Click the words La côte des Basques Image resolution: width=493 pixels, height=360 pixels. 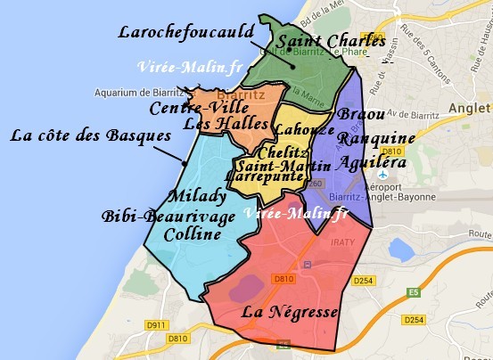pyautogui.click(x=90, y=137)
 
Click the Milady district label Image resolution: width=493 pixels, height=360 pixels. pyautogui.click(x=195, y=196)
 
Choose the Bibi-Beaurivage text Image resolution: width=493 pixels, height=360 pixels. pyautogui.click(x=168, y=217)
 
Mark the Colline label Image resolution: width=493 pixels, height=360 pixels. pyautogui.click(x=193, y=234)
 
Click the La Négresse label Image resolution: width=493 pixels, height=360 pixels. pyautogui.click(x=290, y=313)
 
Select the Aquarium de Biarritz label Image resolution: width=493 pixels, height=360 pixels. pyautogui.click(x=136, y=92)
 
